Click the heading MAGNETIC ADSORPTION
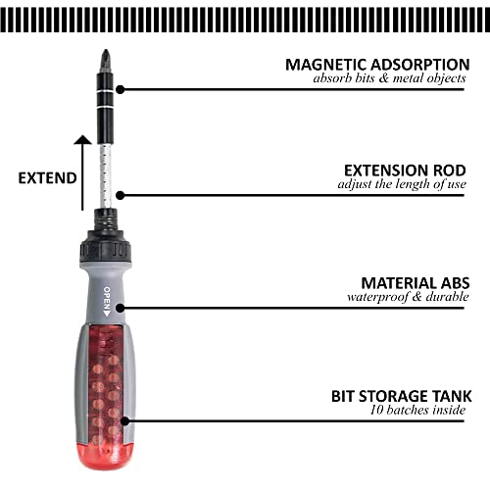click(377, 64)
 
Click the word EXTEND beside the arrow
click(46, 178)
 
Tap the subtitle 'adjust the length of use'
click(405, 183)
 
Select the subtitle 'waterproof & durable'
click(409, 296)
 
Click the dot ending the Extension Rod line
click(120, 195)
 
